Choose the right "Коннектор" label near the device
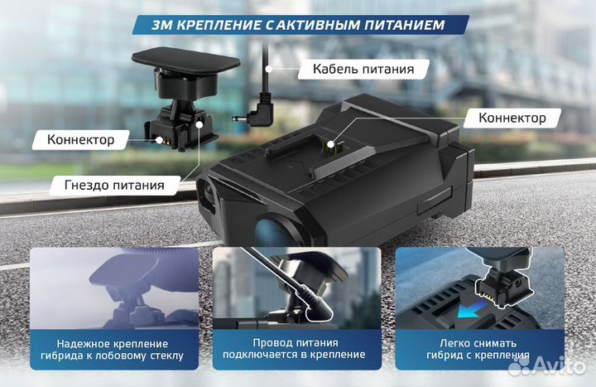pos(512,118)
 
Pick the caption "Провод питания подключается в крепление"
pos(298,351)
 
